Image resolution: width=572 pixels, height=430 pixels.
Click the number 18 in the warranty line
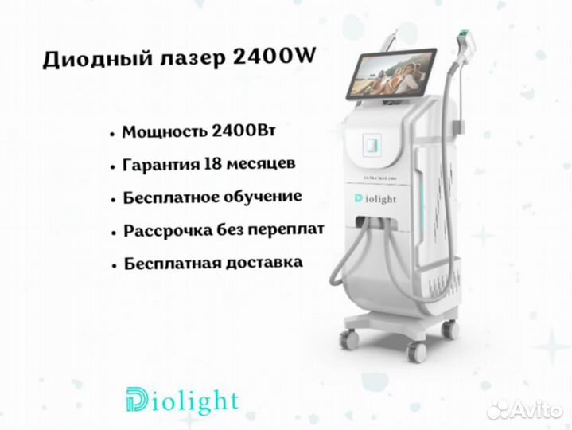(212, 163)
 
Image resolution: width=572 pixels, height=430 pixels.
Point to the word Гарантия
(161, 165)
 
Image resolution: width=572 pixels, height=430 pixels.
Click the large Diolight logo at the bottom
(182, 401)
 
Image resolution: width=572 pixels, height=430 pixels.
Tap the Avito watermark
(524, 410)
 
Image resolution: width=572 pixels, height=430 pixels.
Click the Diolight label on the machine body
(375, 199)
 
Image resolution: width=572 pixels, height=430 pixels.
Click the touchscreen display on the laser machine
(391, 73)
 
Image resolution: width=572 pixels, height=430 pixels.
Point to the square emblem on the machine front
(372, 144)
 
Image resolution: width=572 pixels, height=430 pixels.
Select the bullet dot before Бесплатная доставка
(115, 265)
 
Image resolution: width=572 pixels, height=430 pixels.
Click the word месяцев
(261, 164)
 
